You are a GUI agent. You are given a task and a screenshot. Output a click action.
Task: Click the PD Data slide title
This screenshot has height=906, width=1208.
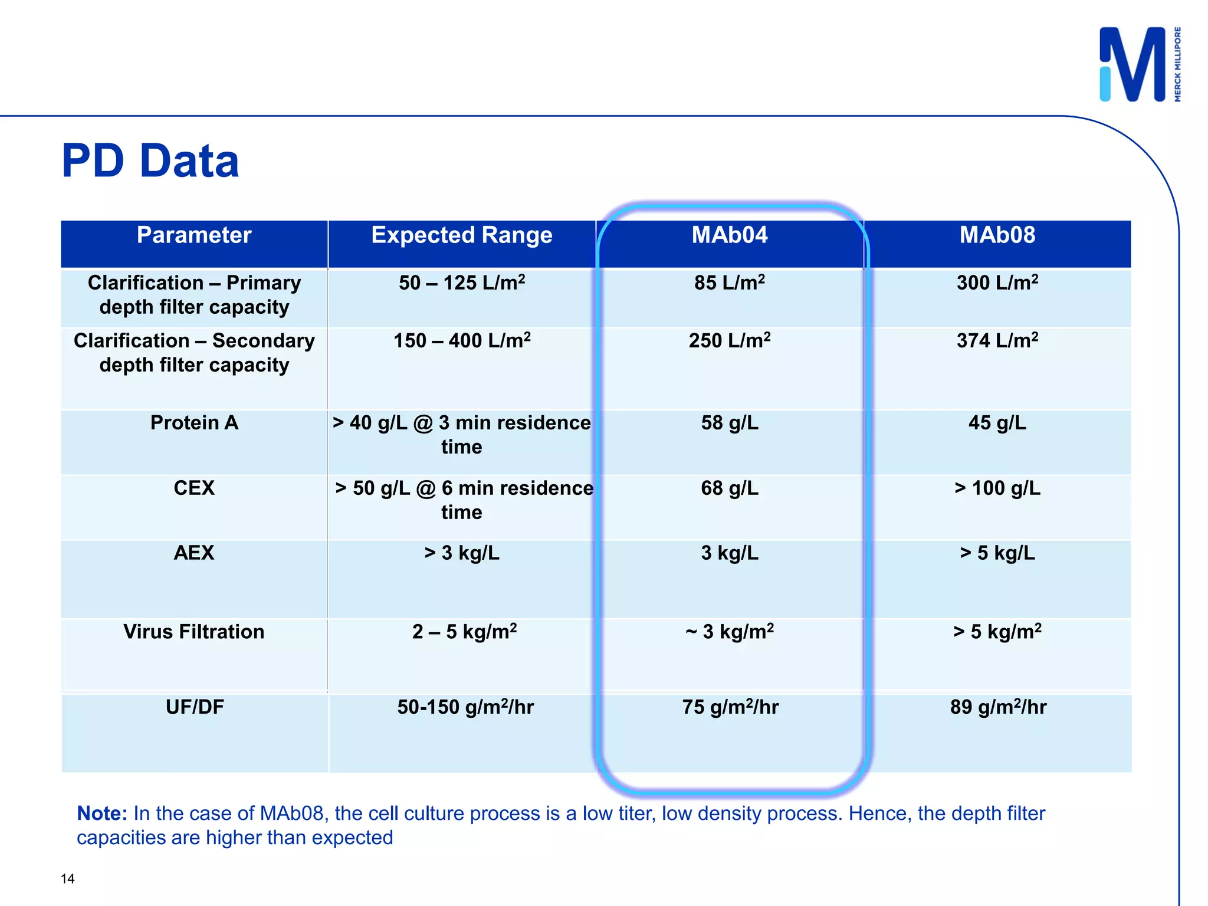(150, 161)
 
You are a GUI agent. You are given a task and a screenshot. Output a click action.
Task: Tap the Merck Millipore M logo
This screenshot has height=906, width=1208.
(1132, 65)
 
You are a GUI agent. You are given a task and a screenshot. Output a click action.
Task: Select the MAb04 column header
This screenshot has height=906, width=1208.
(730, 235)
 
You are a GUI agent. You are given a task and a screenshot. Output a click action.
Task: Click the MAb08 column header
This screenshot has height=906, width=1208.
(997, 235)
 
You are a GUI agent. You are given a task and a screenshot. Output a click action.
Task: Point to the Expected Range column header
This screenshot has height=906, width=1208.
(462, 235)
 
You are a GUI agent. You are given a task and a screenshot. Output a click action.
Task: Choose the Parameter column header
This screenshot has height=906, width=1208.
(194, 235)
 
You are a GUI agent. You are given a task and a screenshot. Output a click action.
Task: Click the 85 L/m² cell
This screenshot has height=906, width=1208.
(730, 283)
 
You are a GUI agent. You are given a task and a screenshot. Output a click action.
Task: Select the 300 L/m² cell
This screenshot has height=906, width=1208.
(997, 283)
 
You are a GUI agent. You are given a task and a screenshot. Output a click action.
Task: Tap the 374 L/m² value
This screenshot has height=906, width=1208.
(997, 341)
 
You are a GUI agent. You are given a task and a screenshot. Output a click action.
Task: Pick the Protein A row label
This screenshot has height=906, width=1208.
(194, 423)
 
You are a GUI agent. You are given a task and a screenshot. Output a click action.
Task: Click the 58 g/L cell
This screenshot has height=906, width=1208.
(730, 423)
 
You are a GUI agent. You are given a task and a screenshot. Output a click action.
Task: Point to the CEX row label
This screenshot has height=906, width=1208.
(194, 488)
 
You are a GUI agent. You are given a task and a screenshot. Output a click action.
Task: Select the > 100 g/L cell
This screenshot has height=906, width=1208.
(997, 488)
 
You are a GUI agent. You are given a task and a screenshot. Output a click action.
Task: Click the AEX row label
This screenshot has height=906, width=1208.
(194, 553)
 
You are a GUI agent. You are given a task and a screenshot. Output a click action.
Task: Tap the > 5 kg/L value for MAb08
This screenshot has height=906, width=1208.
(997, 553)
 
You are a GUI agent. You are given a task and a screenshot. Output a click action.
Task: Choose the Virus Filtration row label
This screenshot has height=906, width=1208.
(194, 632)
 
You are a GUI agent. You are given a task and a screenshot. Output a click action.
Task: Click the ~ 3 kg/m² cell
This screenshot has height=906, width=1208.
(730, 632)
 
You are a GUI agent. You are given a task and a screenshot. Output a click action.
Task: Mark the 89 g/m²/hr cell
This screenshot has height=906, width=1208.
(998, 707)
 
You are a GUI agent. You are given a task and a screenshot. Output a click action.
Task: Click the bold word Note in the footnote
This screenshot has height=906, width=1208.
(102, 813)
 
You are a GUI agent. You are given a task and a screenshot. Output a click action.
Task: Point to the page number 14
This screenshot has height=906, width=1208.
(68, 879)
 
